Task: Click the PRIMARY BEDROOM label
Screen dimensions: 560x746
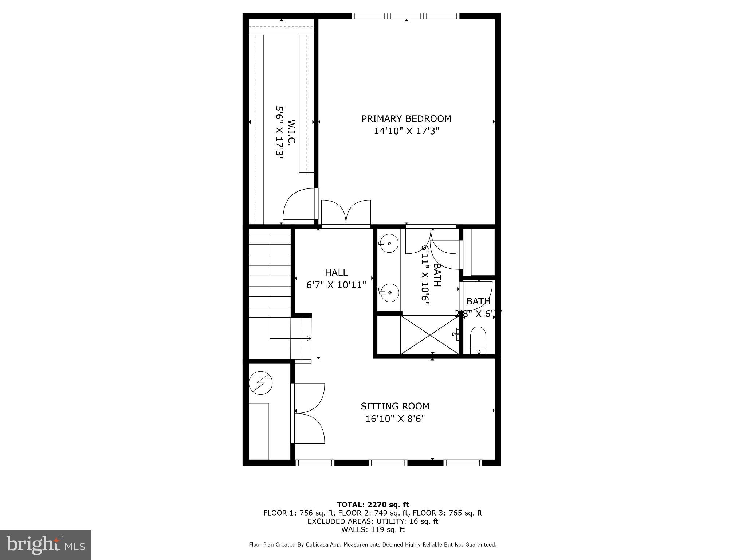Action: (x=406, y=118)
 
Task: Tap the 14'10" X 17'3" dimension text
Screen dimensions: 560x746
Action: (x=406, y=131)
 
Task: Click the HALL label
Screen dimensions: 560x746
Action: (x=336, y=272)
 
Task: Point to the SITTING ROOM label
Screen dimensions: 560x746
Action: (x=395, y=406)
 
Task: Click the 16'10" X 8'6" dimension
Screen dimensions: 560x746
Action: (x=395, y=419)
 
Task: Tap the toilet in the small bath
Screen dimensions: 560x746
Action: (x=478, y=341)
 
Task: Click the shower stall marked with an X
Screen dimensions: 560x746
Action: (x=430, y=335)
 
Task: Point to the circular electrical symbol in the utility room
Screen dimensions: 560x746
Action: (x=260, y=383)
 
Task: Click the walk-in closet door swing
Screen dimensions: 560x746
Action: (x=299, y=205)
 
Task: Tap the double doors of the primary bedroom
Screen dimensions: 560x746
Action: (x=346, y=213)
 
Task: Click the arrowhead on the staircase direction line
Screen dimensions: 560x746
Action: (x=310, y=338)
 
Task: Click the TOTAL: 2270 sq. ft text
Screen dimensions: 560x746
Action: (x=373, y=505)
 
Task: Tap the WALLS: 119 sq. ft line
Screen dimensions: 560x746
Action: (x=373, y=529)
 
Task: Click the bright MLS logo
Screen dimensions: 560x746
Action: (x=46, y=545)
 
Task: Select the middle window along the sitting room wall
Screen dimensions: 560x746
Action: (x=388, y=463)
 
